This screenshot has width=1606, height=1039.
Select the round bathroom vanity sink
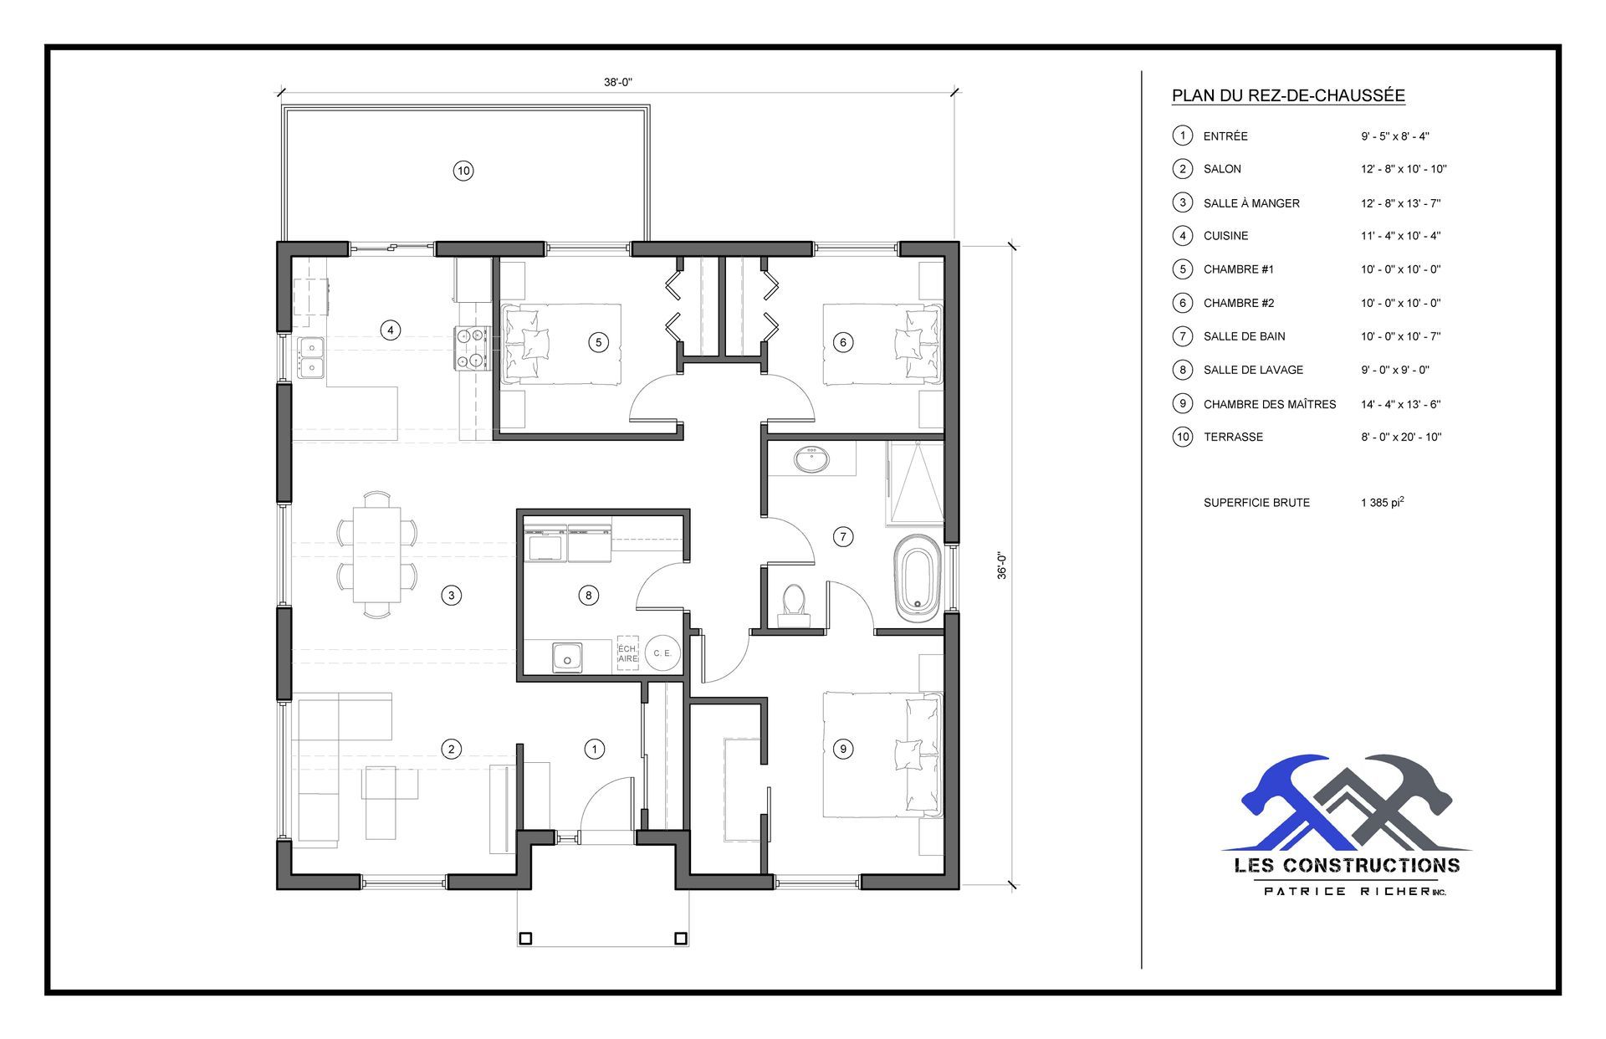(810, 459)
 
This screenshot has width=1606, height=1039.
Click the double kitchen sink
(310, 356)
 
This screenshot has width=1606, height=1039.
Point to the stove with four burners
(471, 347)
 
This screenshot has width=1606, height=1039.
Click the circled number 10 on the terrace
(463, 171)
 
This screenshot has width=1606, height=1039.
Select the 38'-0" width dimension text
(618, 82)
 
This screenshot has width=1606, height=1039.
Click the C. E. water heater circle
(662, 653)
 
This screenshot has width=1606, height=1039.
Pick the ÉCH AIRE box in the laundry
(627, 653)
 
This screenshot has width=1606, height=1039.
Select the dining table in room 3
(376, 554)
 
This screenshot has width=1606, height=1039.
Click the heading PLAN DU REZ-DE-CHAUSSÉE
(1288, 95)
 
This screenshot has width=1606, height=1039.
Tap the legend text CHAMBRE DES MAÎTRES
(1269, 404)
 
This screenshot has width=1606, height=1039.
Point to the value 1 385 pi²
(1382, 503)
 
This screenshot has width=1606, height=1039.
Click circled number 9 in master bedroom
(843, 749)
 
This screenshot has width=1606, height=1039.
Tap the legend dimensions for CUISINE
(1400, 236)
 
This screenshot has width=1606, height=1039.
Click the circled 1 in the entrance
(595, 749)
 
